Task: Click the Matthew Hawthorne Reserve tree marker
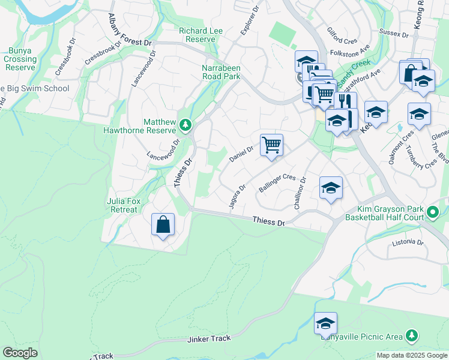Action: coord(185,125)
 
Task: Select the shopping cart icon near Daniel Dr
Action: coord(271,145)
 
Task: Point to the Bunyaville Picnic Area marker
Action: coord(411,335)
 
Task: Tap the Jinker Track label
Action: coord(209,338)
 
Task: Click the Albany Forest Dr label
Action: coord(130,43)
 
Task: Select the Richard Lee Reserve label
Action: coord(200,35)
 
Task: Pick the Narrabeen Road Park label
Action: coord(221,72)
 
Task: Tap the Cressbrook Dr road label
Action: coord(65,57)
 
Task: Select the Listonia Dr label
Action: coord(408,243)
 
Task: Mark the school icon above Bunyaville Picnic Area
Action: coord(325,324)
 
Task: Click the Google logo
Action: coord(20,353)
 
